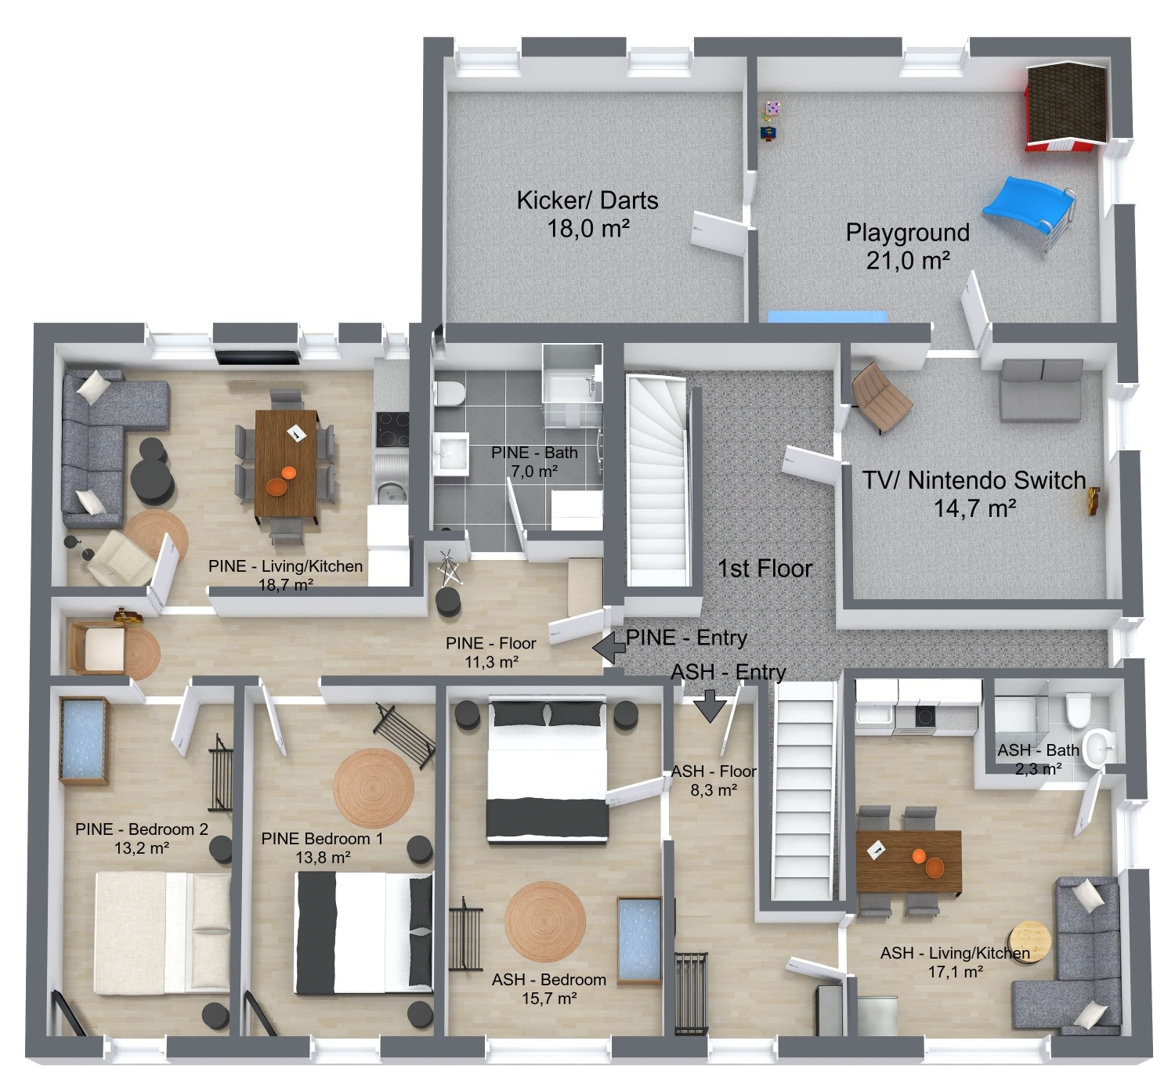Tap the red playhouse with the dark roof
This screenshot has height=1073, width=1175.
[1066, 106]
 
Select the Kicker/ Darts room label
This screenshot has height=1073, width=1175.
[587, 201]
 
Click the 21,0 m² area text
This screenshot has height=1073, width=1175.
[908, 260]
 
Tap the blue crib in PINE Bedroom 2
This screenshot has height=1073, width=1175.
[84, 742]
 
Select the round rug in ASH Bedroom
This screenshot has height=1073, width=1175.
[545, 921]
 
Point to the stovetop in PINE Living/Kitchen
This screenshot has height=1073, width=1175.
[392, 429]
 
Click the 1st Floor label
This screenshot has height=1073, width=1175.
[765, 569]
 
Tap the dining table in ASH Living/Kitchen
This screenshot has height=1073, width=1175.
[909, 862]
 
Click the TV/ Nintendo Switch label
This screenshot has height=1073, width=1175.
[974, 480]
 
